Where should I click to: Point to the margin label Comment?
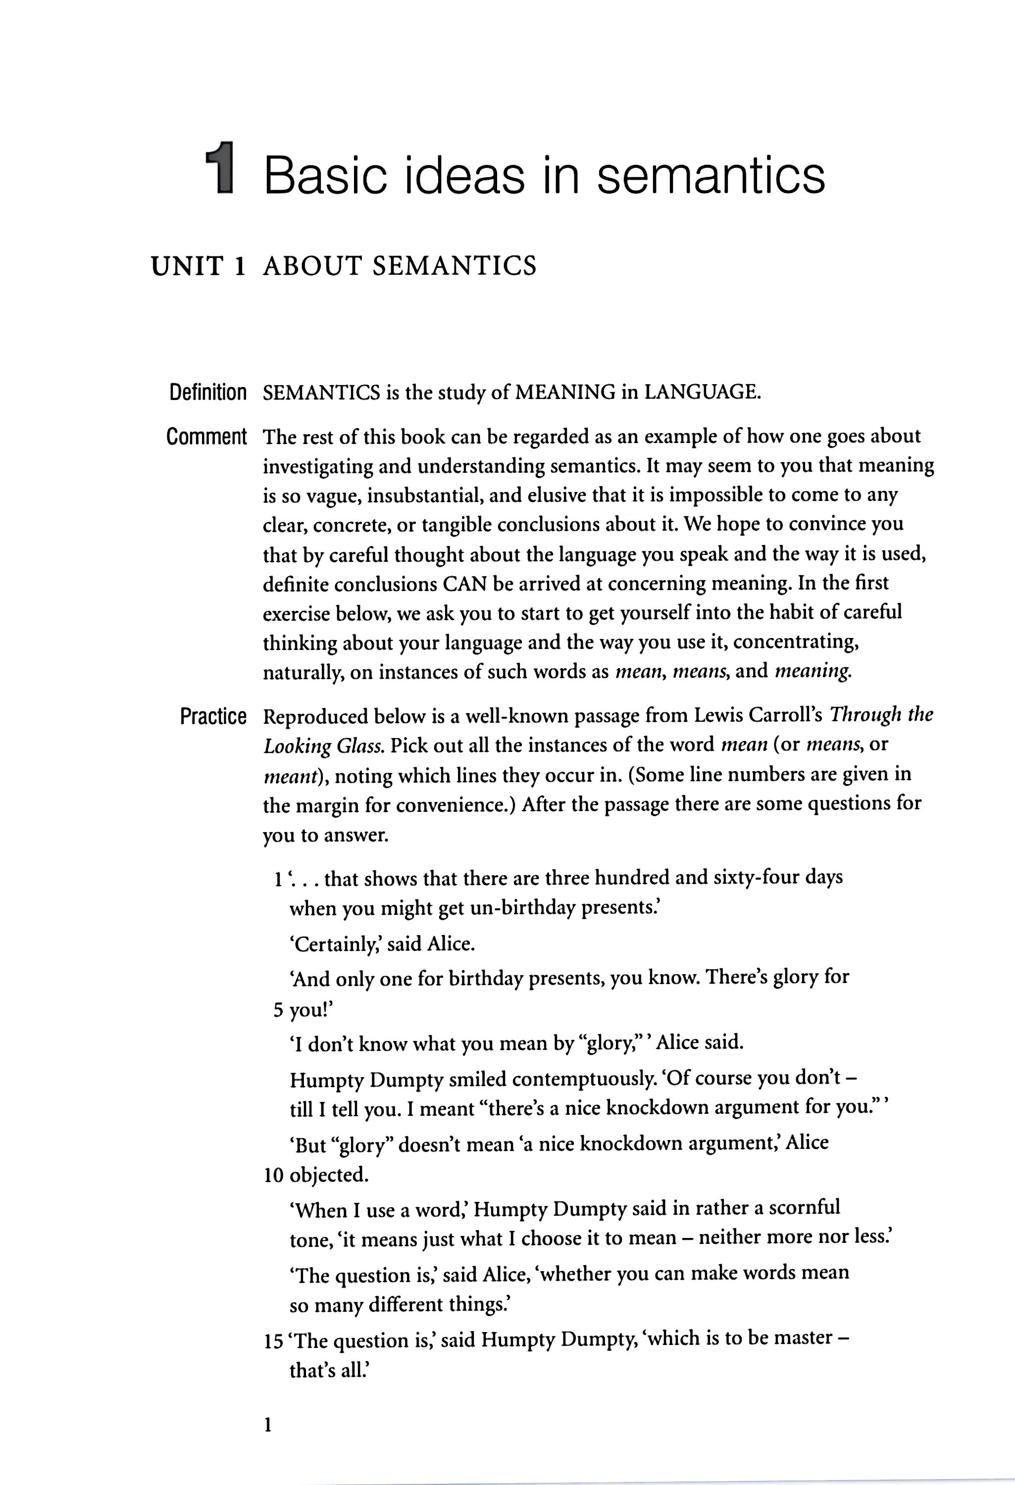[206, 437]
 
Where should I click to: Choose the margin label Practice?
[213, 717]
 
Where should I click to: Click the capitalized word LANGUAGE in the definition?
[702, 392]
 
